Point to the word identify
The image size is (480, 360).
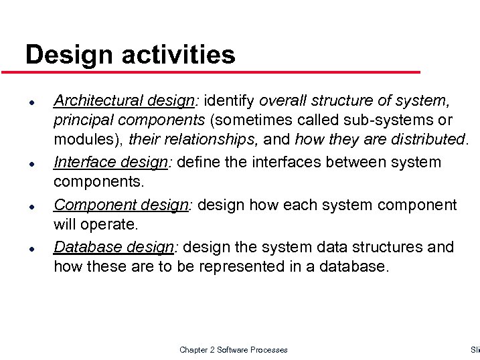click(229, 101)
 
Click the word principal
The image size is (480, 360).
click(82, 120)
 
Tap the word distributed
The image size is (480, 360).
click(429, 140)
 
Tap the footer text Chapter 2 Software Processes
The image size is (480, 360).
click(233, 350)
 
